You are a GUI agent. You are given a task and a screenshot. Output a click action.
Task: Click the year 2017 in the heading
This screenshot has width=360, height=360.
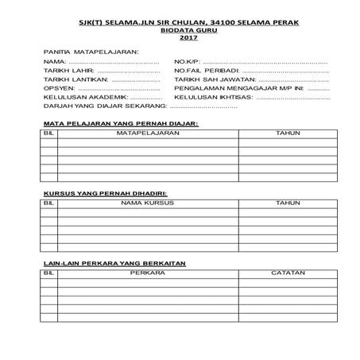(188, 37)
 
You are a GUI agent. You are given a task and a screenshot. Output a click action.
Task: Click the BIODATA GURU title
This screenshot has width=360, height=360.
(188, 30)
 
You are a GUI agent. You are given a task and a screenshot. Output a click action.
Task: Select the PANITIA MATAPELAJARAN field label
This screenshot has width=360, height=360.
(91, 51)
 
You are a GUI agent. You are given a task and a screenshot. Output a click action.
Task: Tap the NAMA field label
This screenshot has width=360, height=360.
(53, 61)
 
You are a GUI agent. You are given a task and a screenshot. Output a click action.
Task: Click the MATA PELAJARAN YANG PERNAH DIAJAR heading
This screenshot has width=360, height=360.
(118, 125)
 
